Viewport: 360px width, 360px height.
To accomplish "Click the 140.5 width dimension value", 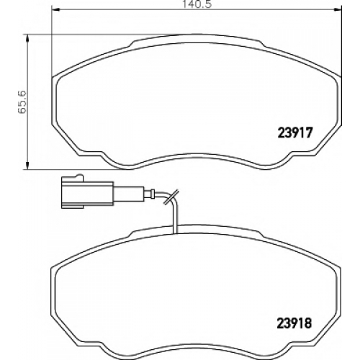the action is pyautogui.click(x=197, y=4).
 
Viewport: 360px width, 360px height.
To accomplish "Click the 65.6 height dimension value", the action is pyautogui.click(x=22, y=102).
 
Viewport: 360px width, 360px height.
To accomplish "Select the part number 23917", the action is pyautogui.click(x=295, y=132).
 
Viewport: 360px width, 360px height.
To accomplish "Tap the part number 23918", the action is pyautogui.click(x=294, y=323).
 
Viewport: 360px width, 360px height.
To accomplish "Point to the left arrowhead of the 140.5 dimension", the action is pyautogui.click(x=55, y=10).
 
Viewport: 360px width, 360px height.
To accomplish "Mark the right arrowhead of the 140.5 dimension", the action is pyautogui.click(x=336, y=10).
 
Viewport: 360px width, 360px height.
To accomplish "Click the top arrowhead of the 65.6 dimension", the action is pyautogui.click(x=27, y=38).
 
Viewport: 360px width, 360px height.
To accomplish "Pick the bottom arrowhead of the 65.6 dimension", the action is pyautogui.click(x=27, y=166).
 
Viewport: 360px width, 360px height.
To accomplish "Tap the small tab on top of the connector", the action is pyautogui.click(x=79, y=176).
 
